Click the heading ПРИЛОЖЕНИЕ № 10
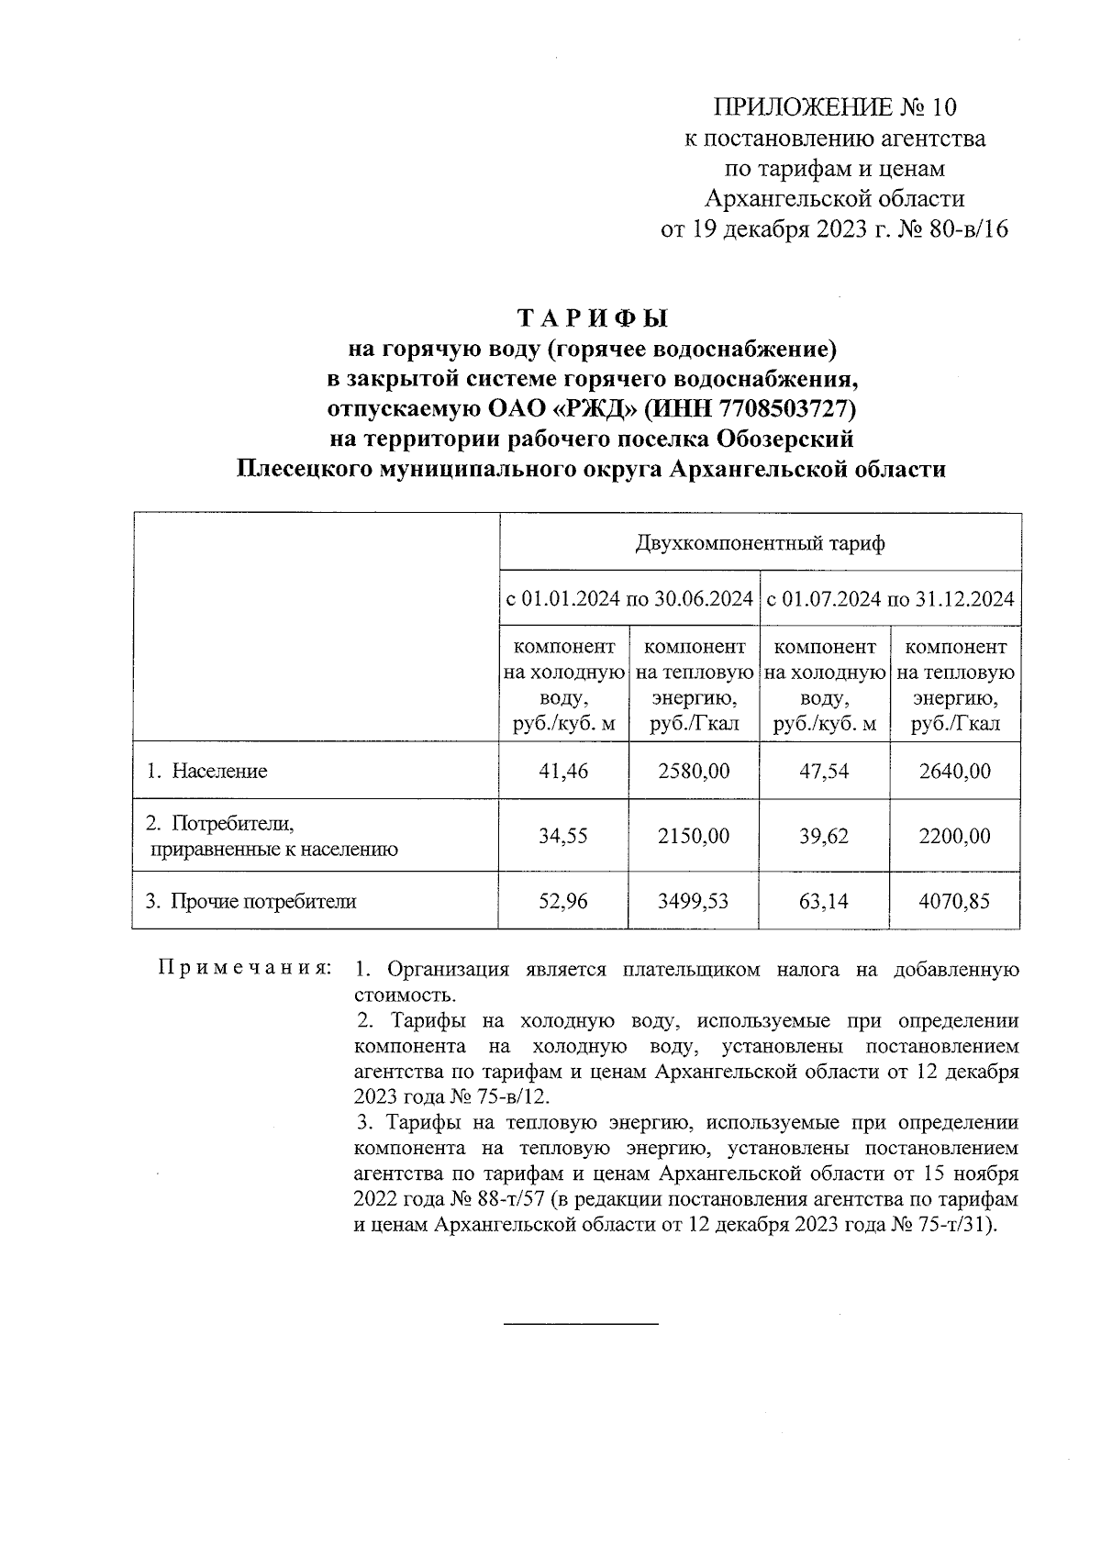click(x=835, y=108)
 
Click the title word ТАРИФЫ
click(x=593, y=318)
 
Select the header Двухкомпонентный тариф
click(x=760, y=543)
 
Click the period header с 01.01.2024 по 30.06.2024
click(x=629, y=600)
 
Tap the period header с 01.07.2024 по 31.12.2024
click(x=890, y=600)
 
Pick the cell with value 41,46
click(x=563, y=771)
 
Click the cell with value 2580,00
click(x=694, y=771)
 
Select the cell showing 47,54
click(x=824, y=771)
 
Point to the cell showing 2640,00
click(x=954, y=771)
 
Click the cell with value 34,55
click(x=563, y=836)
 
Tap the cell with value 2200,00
click(x=954, y=836)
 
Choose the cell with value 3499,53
click(x=694, y=901)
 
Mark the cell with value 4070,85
click(x=954, y=901)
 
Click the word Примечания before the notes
click(x=244, y=969)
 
